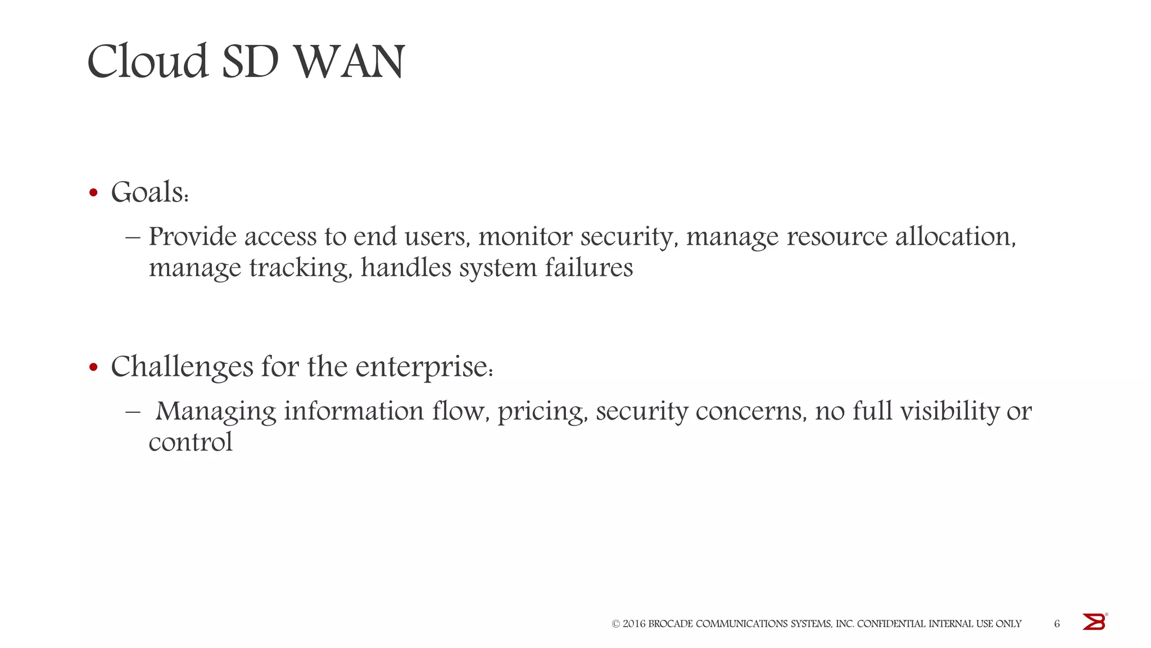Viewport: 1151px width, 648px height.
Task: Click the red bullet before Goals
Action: click(93, 193)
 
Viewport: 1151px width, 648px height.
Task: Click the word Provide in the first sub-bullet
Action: click(193, 237)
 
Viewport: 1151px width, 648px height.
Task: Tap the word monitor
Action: click(525, 237)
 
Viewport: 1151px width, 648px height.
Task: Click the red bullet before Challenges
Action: click(93, 368)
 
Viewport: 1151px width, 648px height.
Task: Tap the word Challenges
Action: click(182, 367)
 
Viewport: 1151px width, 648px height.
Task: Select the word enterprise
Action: click(424, 367)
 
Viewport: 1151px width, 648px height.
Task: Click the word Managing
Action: click(216, 411)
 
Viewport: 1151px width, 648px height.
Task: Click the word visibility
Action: click(949, 411)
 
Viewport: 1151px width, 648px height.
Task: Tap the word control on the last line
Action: click(191, 442)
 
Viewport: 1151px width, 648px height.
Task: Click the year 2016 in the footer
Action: click(634, 624)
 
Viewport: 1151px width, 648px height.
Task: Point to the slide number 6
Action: click(1057, 624)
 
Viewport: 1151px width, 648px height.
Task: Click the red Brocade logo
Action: click(1094, 622)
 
